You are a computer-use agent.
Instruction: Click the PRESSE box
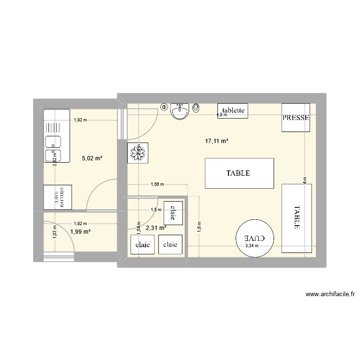point(296,117)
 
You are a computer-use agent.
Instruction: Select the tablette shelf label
point(233,110)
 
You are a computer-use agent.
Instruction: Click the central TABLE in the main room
point(239,173)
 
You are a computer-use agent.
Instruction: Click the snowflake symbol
point(138,153)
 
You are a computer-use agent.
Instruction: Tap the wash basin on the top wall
point(180,112)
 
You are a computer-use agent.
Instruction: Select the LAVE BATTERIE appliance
point(58,197)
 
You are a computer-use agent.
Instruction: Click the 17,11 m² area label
point(216,141)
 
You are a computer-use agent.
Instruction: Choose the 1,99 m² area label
point(80,232)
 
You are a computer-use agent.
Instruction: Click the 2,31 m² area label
point(156,228)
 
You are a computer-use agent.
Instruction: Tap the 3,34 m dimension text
point(252,246)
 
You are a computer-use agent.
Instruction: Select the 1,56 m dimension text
point(157,184)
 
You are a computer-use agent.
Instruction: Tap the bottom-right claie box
point(170,244)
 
